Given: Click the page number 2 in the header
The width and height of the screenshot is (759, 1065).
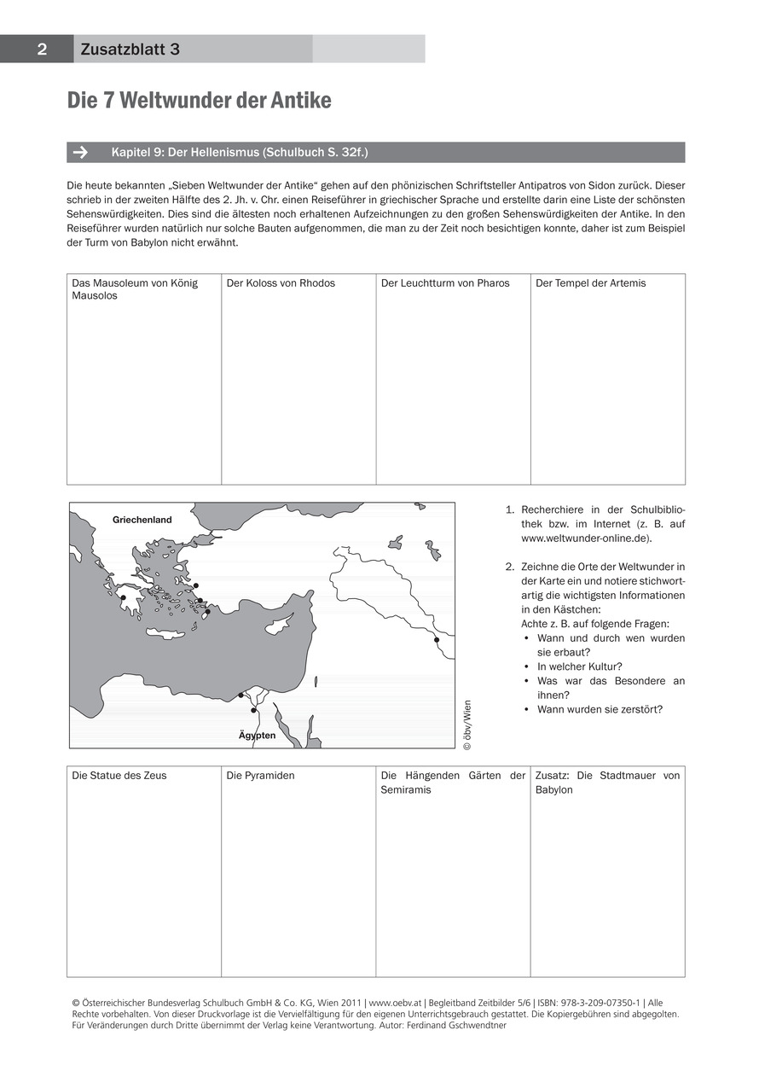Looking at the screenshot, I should click(x=41, y=49).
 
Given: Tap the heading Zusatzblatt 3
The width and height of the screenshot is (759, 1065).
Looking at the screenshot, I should click(x=130, y=49).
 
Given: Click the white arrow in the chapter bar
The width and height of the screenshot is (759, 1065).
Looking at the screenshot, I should click(x=81, y=153).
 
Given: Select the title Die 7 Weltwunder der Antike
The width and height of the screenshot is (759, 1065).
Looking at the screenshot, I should click(x=199, y=101).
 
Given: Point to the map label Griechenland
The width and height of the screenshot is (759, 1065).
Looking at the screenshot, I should click(x=142, y=520).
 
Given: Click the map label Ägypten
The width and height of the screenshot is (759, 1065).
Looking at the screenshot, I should click(x=257, y=735).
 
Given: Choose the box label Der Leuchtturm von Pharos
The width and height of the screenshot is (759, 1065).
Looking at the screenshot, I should click(x=444, y=283).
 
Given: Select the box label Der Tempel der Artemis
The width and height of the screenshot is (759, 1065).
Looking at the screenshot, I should click(x=590, y=283).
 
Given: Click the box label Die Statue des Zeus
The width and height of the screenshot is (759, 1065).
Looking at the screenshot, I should click(x=119, y=776).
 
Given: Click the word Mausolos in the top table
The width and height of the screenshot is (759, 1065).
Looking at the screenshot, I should click(x=95, y=296).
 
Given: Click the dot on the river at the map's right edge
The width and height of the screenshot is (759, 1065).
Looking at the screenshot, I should click(x=437, y=639).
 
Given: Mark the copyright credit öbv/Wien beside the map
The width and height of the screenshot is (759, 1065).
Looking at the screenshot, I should click(x=466, y=725).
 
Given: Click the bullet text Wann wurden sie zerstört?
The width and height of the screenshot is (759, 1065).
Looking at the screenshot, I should click(x=600, y=709).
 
